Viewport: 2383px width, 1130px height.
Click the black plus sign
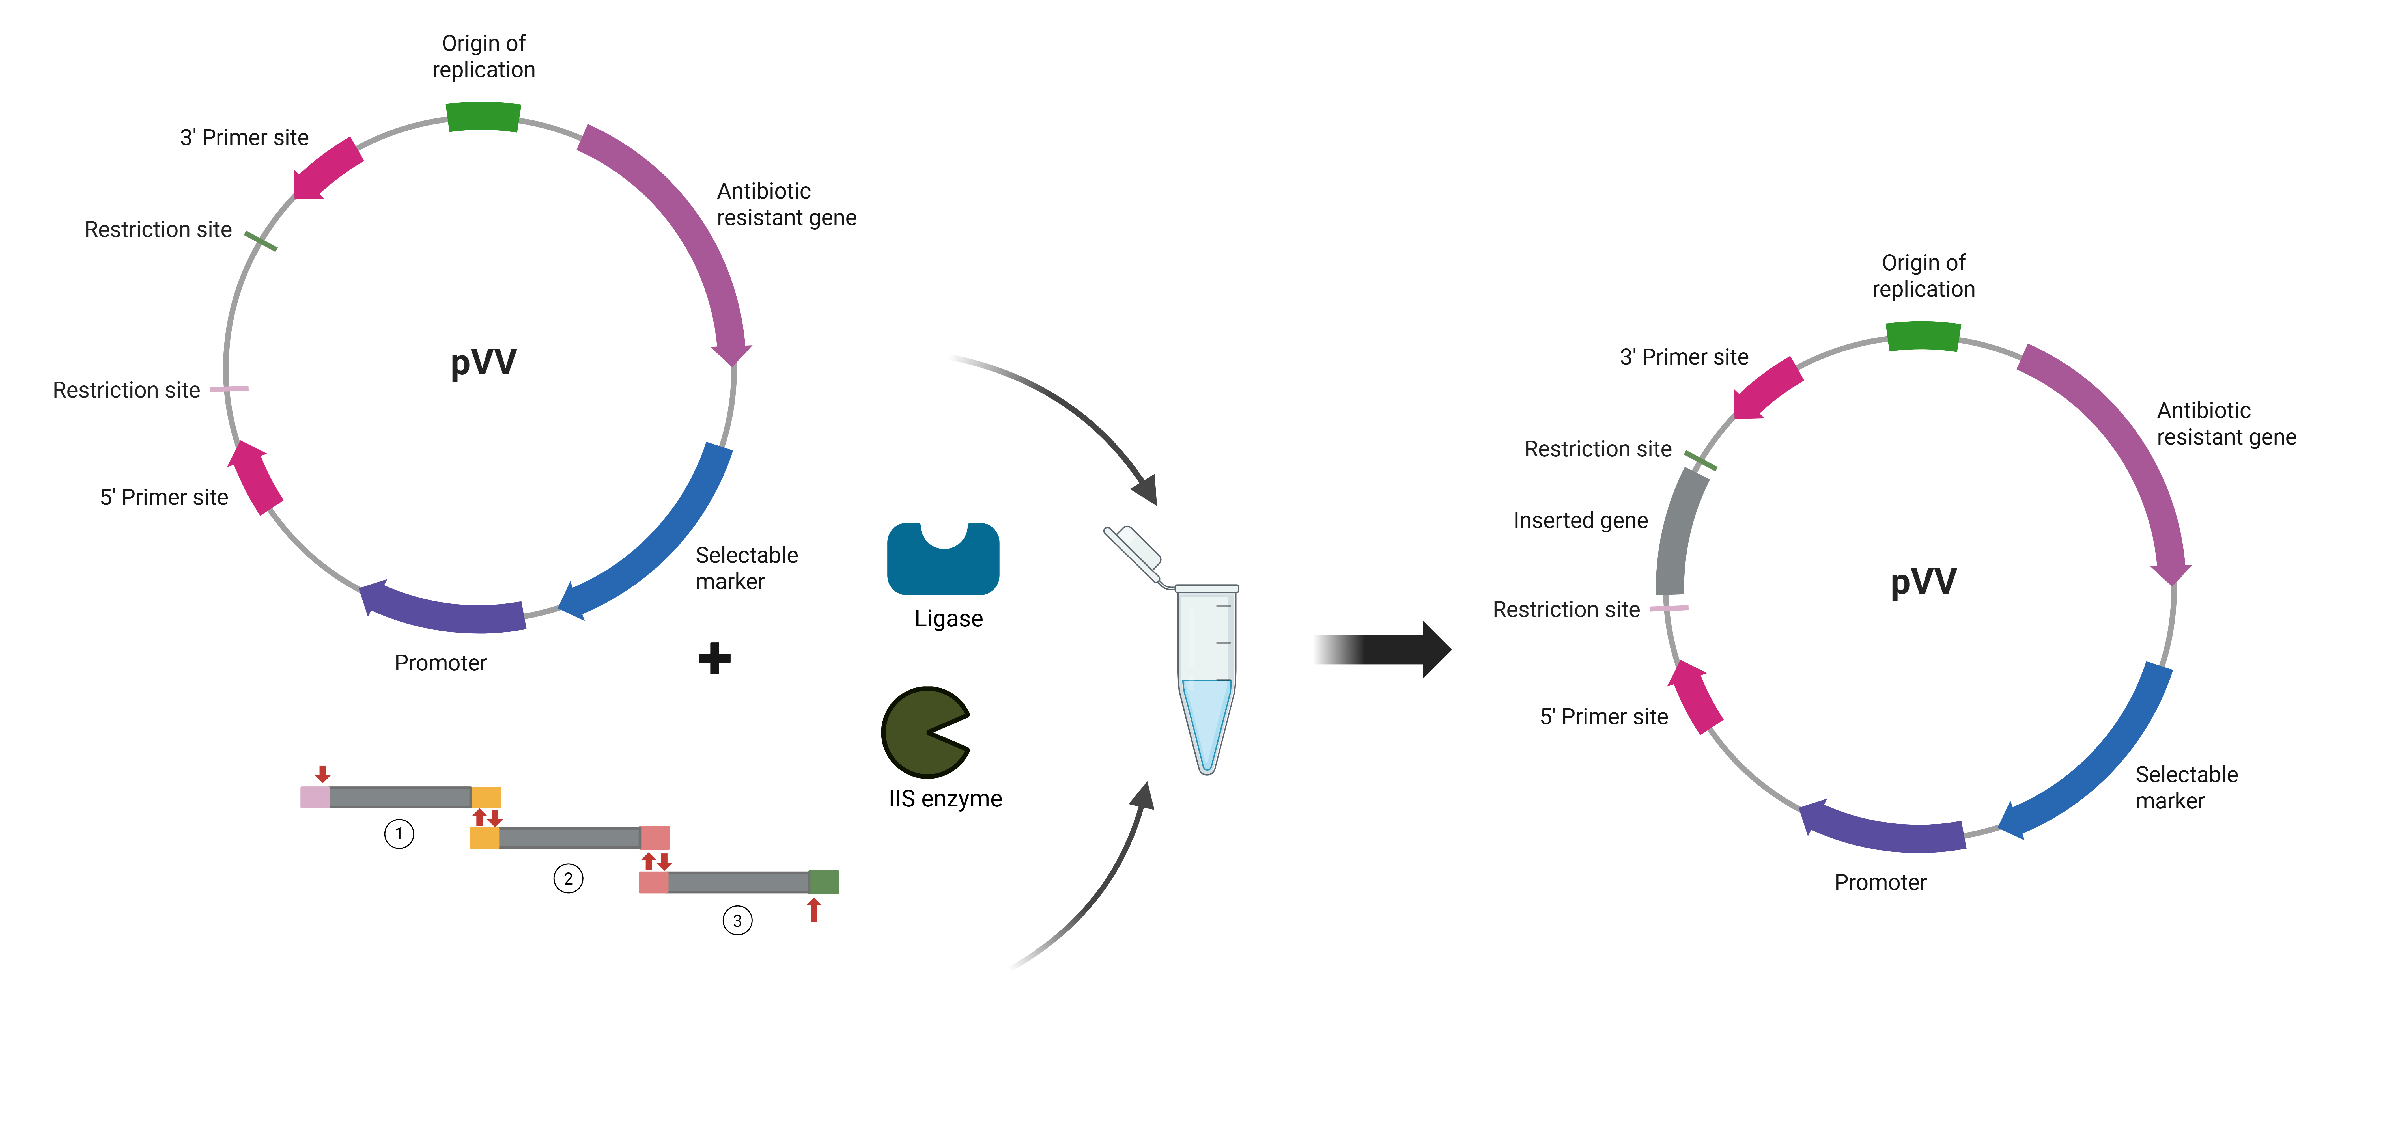(x=714, y=658)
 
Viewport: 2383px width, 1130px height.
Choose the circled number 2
(x=568, y=877)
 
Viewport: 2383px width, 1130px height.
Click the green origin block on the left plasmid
(x=483, y=117)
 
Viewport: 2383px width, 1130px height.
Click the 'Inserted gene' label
(x=1580, y=521)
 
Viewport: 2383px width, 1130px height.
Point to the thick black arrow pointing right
(x=1383, y=649)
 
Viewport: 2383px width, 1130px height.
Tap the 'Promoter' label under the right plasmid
(x=1880, y=882)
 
